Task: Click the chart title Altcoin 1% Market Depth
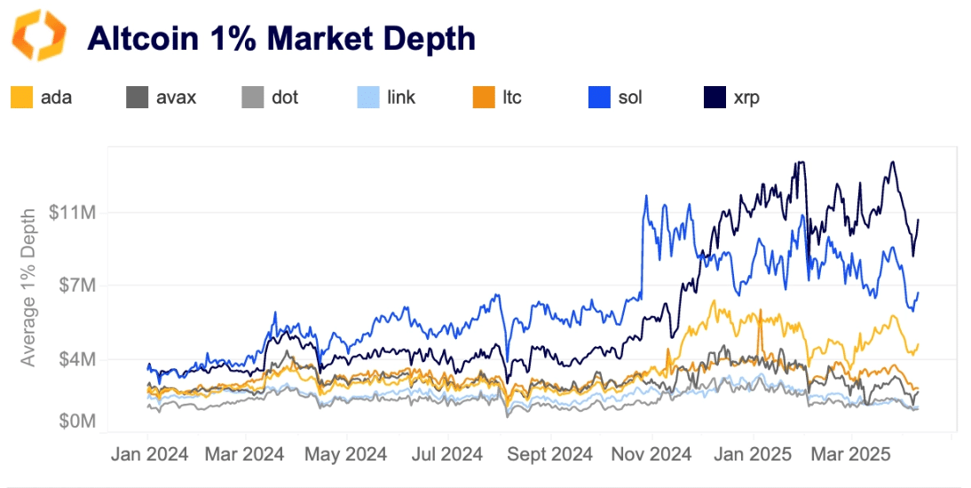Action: point(280,38)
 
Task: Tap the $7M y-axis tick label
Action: point(76,286)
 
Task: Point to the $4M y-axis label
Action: point(76,359)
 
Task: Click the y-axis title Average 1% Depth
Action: point(29,287)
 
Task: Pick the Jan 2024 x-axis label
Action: point(149,454)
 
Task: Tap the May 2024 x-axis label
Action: point(346,454)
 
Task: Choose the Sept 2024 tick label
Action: point(550,454)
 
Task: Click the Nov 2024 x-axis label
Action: point(652,454)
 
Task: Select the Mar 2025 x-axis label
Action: point(850,454)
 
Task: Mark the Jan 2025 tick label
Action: point(754,454)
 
